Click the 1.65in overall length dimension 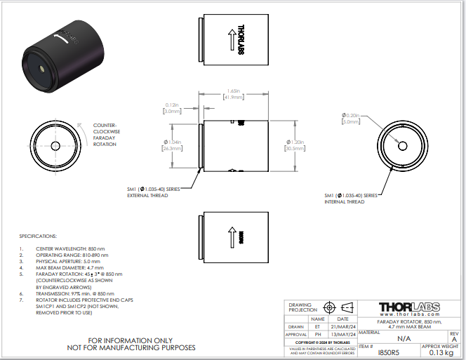point(235,94)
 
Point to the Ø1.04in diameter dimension point(172,145)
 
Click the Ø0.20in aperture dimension point(350,118)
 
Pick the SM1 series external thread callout point(154,192)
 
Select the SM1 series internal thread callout point(351,198)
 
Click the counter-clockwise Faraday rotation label point(106,134)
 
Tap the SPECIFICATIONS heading point(38,236)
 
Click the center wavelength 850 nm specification point(70,249)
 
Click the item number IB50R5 point(388,352)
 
